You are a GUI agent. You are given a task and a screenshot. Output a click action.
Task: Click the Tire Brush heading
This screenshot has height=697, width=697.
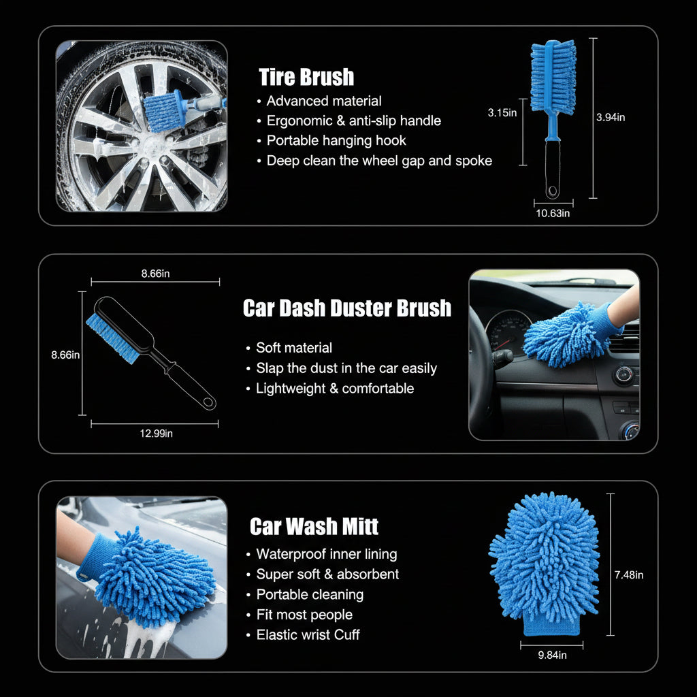click(x=306, y=77)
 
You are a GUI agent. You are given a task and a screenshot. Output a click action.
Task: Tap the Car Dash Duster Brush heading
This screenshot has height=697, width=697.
click(x=347, y=308)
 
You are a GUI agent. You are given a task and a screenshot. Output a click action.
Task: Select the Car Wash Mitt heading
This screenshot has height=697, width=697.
click(x=314, y=526)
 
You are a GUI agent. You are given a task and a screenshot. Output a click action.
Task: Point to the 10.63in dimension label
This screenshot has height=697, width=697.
click(x=553, y=213)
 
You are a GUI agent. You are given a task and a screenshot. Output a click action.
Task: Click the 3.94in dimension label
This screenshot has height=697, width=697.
click(x=611, y=117)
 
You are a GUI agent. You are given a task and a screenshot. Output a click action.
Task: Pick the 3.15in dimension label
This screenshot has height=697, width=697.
click(x=502, y=113)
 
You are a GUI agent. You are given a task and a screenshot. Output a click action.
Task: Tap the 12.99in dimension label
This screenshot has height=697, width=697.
click(x=156, y=434)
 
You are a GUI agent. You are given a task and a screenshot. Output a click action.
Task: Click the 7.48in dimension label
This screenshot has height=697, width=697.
click(x=629, y=574)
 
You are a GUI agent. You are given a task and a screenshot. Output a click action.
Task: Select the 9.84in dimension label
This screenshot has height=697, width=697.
click(x=552, y=655)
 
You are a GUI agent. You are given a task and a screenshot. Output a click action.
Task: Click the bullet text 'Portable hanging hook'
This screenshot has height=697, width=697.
click(x=336, y=140)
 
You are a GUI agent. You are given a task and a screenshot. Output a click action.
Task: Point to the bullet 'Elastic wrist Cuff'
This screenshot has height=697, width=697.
click(x=308, y=635)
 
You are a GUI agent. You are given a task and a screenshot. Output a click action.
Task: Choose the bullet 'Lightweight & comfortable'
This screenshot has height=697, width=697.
click(x=335, y=389)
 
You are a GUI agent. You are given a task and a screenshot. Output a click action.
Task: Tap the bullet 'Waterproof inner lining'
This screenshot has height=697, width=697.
click(x=327, y=554)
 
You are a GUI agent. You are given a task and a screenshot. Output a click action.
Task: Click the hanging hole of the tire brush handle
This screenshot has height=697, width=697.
click(x=553, y=191)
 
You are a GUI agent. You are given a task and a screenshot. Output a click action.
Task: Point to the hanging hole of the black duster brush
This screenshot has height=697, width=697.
click(x=208, y=403)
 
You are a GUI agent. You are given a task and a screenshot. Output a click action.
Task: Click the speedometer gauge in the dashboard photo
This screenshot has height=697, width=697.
click(x=508, y=332)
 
